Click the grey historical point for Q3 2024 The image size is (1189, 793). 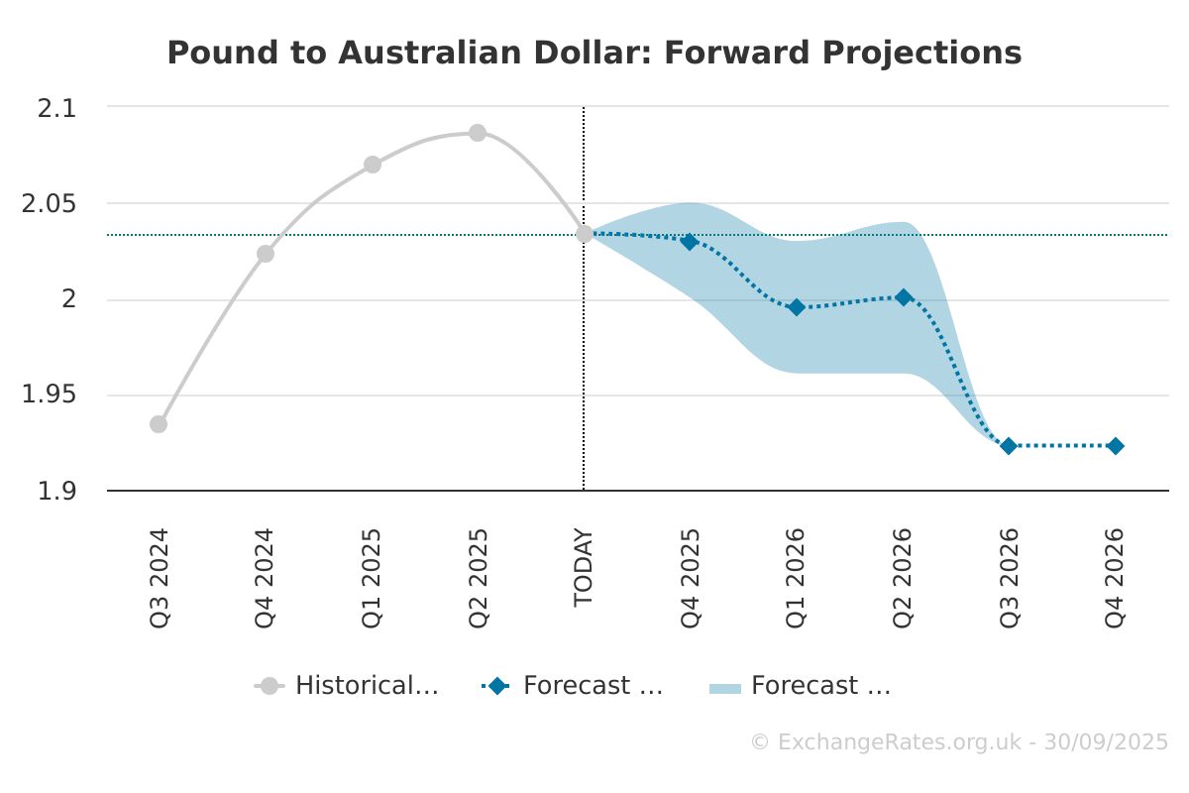159,424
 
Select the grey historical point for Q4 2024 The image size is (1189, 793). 266,254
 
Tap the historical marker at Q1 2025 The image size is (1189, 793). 373,165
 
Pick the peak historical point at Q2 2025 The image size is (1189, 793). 478,132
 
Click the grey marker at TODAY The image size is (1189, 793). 584,234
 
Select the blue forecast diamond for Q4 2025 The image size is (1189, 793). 690,242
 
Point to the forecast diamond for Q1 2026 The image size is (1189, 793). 797,307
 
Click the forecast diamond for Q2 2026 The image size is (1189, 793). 904,297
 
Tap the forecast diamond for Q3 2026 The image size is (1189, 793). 1009,446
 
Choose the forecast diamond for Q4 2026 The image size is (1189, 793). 1116,446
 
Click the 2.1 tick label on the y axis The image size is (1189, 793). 56,108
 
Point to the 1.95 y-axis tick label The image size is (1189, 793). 49,395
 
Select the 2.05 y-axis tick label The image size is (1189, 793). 49,204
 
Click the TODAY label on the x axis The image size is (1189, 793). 584,567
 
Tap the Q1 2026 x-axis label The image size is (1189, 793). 796,578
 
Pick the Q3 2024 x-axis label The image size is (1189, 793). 159,578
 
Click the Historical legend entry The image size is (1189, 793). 347,686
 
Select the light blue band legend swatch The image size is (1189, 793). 725,689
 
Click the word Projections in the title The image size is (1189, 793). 921,54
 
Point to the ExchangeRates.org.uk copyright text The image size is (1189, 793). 959,742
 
